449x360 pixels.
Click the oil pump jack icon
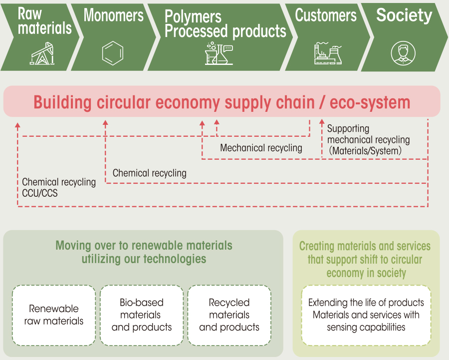[42, 53]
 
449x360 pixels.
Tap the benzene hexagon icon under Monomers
[113, 53]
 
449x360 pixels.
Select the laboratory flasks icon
[219, 53]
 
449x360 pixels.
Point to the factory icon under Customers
[328, 53]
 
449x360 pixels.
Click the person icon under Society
[403, 53]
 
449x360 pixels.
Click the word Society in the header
[404, 15]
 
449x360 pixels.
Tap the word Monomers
[113, 15]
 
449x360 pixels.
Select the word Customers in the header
[326, 15]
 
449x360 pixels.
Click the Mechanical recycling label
[261, 148]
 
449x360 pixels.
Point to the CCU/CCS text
[40, 193]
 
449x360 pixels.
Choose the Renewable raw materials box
[54, 315]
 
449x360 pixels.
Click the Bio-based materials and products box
[142, 315]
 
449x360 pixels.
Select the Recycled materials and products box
[229, 315]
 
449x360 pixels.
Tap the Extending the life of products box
[366, 315]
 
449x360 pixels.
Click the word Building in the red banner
[62, 102]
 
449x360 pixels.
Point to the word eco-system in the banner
[370, 103]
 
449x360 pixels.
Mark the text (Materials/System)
[365, 151]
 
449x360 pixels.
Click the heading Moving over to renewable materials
[144, 246]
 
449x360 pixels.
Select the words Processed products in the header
[225, 31]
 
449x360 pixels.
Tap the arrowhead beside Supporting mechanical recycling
[322, 122]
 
